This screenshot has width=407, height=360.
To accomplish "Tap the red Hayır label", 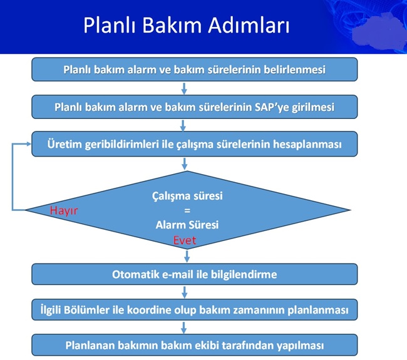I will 64,211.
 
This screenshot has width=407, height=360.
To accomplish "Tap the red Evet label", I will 185,240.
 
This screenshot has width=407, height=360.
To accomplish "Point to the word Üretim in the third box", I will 64,144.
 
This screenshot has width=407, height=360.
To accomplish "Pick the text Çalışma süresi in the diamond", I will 187,196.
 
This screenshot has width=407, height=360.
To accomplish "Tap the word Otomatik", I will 133,274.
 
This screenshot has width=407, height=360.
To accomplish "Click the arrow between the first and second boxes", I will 184,88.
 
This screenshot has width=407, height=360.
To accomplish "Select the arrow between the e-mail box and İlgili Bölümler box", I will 184,292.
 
